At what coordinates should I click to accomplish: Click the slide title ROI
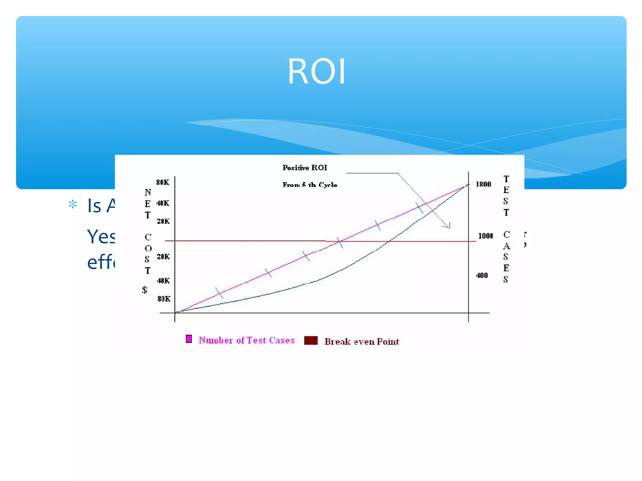coord(317,71)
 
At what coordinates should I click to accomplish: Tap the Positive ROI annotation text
coord(305,168)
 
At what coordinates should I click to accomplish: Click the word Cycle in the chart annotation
coord(328,185)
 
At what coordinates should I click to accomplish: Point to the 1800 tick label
coord(483,184)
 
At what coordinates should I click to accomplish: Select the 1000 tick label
coord(485,236)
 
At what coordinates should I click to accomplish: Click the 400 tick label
coord(482,276)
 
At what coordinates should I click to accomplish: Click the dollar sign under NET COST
coord(145,290)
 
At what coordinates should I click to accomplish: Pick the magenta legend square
coord(189,339)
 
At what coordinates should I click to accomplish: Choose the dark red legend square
coord(311,340)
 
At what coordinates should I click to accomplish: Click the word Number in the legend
coord(216,340)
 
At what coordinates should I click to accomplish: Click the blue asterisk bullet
coord(73,205)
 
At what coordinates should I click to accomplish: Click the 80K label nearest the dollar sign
coord(164,299)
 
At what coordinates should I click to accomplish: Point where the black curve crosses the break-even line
coord(388,241)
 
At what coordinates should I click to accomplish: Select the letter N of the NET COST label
coord(148,192)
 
